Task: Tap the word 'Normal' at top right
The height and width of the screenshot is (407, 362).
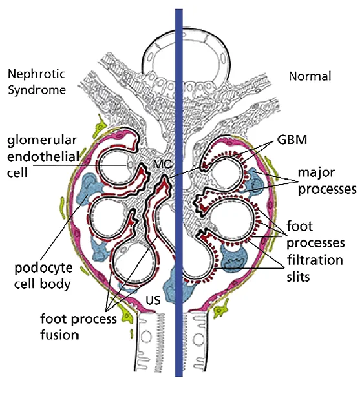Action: click(x=309, y=76)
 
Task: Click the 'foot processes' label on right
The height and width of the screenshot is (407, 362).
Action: click(x=316, y=235)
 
